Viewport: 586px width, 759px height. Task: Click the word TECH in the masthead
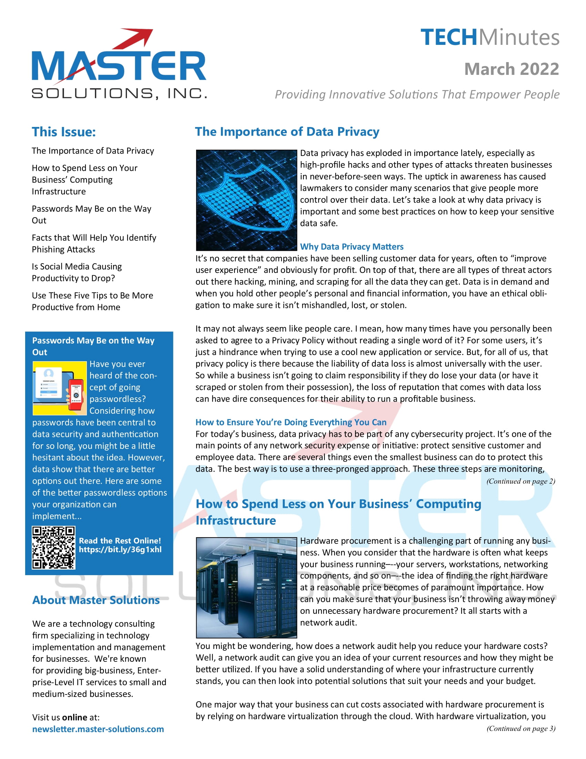448,38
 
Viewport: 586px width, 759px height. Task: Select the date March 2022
511,69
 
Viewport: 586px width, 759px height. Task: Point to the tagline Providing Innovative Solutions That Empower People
417,94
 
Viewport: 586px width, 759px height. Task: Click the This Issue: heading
64,132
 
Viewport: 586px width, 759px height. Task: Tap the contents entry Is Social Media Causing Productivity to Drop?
77,272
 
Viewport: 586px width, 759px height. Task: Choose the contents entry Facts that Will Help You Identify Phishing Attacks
94,243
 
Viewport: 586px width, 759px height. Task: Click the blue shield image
246,200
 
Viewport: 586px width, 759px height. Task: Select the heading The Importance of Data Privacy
287,132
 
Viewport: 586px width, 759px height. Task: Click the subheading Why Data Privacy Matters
351,246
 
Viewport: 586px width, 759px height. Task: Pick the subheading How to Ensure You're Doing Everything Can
291,422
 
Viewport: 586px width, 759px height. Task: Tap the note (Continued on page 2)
521,481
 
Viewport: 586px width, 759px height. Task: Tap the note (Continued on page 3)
521,728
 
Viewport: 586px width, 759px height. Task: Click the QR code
53,548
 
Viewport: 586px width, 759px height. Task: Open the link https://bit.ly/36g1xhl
120,550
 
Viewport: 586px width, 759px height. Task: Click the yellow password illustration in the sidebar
59,388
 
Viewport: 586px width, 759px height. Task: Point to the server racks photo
246,588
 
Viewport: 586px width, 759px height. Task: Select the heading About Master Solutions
96,600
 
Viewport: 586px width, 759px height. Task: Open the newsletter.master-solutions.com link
98,729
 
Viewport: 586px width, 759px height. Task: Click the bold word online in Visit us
75,717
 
